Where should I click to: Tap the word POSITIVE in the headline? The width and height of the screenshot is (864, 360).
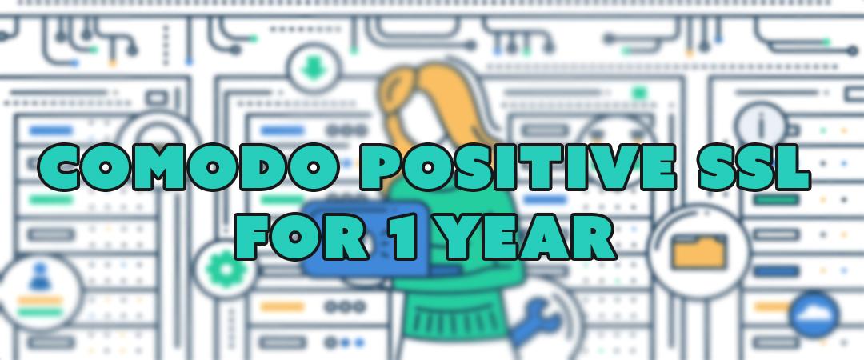point(516,166)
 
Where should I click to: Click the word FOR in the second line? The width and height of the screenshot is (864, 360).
point(302,237)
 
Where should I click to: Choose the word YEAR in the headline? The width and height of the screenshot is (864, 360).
point(526,237)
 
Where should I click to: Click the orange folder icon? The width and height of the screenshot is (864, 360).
point(699,252)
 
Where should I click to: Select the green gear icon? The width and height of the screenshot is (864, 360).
point(222,269)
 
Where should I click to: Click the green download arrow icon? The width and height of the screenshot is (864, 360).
point(313,69)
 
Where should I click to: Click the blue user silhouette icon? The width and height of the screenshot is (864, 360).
point(40,276)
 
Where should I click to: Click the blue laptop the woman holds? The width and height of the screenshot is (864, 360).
point(366,238)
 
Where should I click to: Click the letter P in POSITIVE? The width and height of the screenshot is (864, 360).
point(381,166)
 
